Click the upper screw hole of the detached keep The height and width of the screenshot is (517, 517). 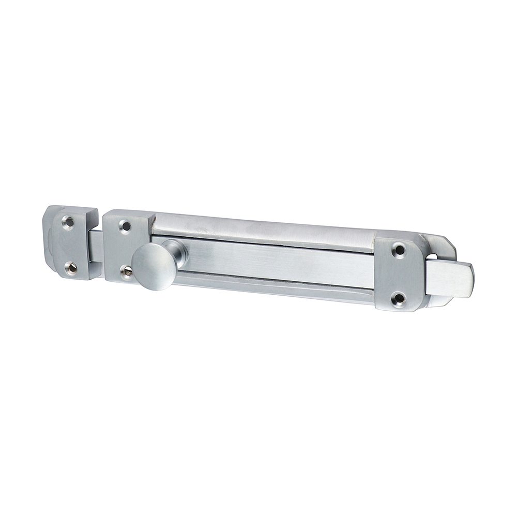pyautogui.click(x=67, y=222)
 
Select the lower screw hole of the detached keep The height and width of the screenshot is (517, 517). pyautogui.click(x=69, y=267)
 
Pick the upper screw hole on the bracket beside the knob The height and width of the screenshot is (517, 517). pyautogui.click(x=124, y=225)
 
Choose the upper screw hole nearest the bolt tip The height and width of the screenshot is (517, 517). pyautogui.click(x=398, y=251)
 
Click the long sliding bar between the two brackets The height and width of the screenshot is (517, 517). pyautogui.click(x=279, y=264)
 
